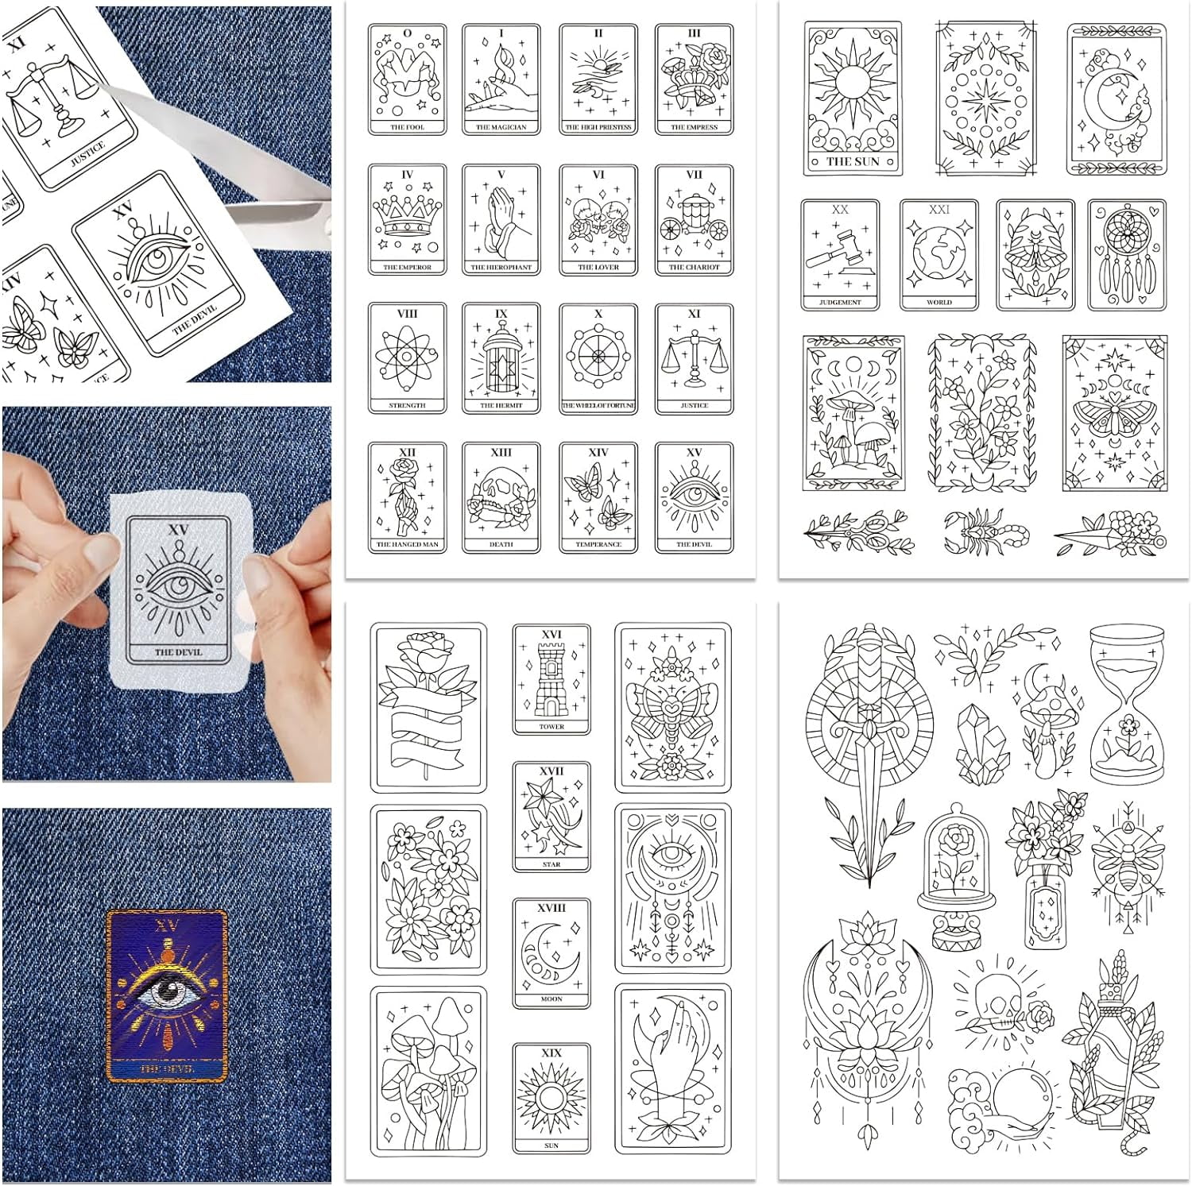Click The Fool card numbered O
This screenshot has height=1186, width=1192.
(407, 79)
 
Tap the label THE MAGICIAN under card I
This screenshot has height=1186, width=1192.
(501, 127)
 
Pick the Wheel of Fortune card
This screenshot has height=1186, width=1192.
(598, 359)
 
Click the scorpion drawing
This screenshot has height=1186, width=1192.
(985, 531)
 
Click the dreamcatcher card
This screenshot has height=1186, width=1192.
(1126, 254)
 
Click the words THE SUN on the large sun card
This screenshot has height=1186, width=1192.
(853, 161)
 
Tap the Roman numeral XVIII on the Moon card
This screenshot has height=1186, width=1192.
(551, 907)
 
